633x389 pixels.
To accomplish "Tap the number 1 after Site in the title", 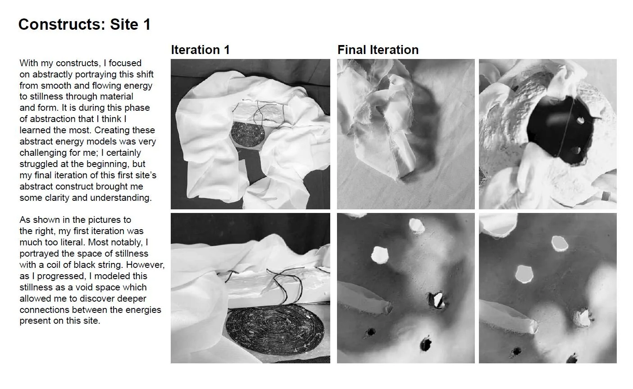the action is [147, 24].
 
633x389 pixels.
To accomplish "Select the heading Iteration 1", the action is [200, 50].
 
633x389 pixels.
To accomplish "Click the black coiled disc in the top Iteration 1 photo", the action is [248, 135].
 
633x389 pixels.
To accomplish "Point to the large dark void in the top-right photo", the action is [561, 130].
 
